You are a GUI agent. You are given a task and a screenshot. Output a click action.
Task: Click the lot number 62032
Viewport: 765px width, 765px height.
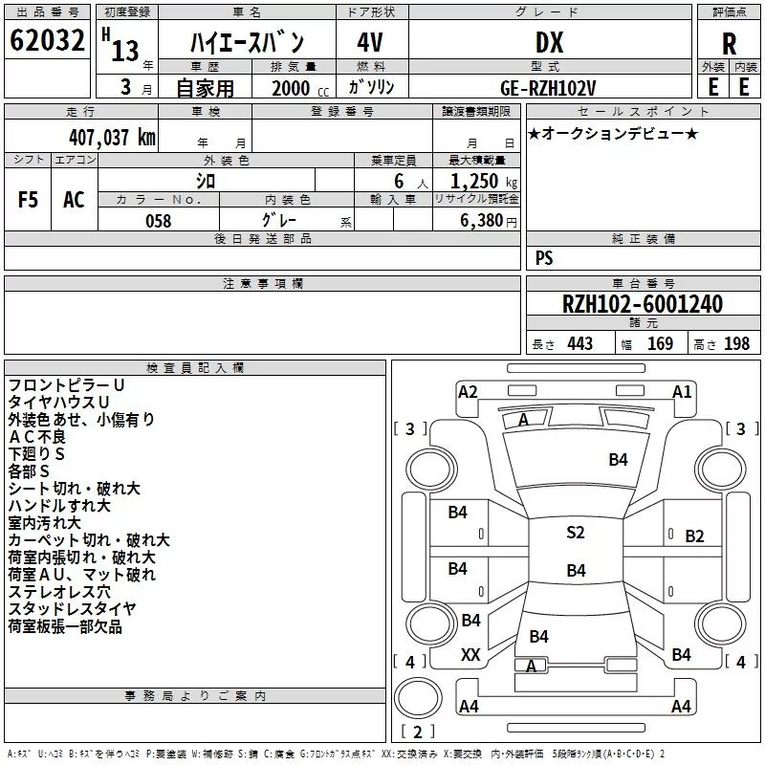pyautogui.click(x=47, y=40)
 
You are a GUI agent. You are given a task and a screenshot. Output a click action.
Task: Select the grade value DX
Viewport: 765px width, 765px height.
pyautogui.click(x=549, y=42)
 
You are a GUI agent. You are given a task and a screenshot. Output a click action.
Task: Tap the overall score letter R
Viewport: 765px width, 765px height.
pyautogui.click(x=729, y=44)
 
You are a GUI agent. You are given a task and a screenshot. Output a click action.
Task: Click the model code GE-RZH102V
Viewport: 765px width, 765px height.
pyautogui.click(x=548, y=88)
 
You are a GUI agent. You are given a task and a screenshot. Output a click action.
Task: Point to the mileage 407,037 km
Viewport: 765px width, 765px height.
pyautogui.click(x=112, y=137)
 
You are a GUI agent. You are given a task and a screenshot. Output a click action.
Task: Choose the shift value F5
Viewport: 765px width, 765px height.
pyautogui.click(x=28, y=200)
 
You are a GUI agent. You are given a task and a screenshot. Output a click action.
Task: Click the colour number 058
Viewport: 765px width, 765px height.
pyautogui.click(x=159, y=221)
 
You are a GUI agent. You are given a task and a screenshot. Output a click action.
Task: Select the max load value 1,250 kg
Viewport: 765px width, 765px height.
pyautogui.click(x=484, y=182)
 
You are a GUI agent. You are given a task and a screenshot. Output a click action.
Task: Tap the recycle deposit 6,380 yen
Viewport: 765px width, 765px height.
pyautogui.click(x=489, y=221)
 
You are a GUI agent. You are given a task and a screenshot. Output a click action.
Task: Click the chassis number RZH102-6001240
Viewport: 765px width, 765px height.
pyautogui.click(x=643, y=303)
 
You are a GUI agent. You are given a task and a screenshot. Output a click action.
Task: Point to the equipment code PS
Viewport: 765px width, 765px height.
pyautogui.click(x=544, y=257)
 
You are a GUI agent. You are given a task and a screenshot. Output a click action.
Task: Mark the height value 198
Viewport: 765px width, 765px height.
pyautogui.click(x=736, y=343)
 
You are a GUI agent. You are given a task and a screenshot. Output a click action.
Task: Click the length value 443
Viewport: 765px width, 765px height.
pyautogui.click(x=580, y=343)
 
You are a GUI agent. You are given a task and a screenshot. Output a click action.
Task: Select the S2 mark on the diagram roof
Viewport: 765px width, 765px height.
pyautogui.click(x=576, y=532)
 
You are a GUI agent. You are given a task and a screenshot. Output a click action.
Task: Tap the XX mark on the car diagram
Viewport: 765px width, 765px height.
pyautogui.click(x=470, y=655)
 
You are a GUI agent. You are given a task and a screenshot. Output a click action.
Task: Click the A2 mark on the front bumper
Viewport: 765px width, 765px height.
pyautogui.click(x=468, y=392)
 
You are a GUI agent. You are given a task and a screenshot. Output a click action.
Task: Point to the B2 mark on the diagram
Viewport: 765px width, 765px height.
pyautogui.click(x=694, y=536)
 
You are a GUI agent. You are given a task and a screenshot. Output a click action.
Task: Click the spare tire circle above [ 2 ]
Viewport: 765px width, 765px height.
pyautogui.click(x=418, y=697)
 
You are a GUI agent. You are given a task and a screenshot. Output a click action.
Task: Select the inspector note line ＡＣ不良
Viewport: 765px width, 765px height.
pyautogui.click(x=37, y=437)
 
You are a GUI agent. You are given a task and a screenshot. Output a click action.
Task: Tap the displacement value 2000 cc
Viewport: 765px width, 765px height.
pyautogui.click(x=300, y=88)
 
